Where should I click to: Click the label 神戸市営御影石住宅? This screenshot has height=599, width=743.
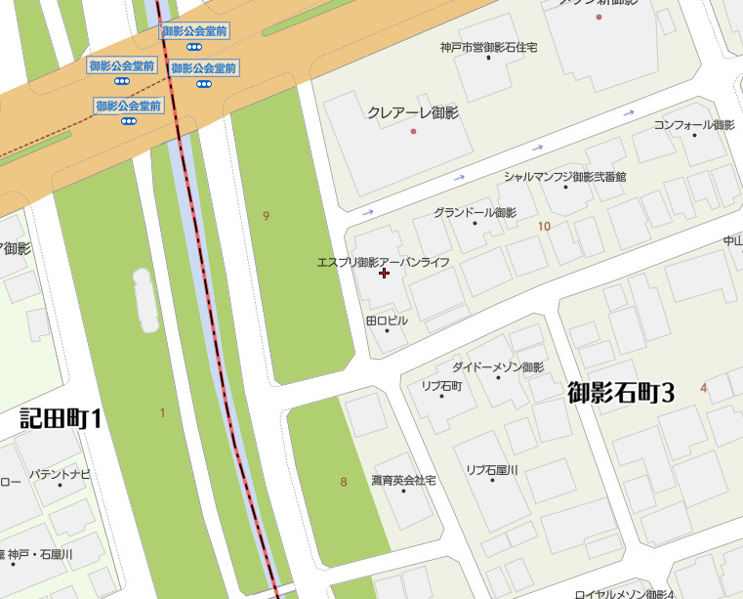pyautogui.click(x=488, y=47)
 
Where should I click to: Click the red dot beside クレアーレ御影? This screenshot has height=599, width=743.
pyautogui.click(x=414, y=131)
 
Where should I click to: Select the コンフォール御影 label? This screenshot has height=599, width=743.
pyautogui.click(x=694, y=125)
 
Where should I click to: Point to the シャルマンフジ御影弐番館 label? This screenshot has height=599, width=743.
pyautogui.click(x=565, y=177)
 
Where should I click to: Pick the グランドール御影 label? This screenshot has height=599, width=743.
pyautogui.click(x=475, y=212)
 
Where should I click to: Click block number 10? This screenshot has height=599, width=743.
pyautogui.click(x=544, y=227)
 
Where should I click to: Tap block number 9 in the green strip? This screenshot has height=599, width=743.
pyautogui.click(x=266, y=215)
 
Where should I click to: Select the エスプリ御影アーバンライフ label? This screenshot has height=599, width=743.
pyautogui.click(x=384, y=262)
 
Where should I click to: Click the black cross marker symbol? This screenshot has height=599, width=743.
pyautogui.click(x=384, y=275)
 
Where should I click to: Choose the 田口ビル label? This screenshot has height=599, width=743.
pyautogui.click(x=387, y=321)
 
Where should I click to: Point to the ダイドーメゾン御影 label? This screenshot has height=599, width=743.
pyautogui.click(x=498, y=367)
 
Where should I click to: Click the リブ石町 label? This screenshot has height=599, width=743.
pyautogui.click(x=441, y=386)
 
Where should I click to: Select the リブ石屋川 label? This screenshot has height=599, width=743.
pyautogui.click(x=492, y=470)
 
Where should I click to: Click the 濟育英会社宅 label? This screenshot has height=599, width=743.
pyautogui.click(x=403, y=481)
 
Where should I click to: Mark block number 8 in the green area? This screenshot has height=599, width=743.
pyautogui.click(x=344, y=482)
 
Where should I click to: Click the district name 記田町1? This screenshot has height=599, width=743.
pyautogui.click(x=62, y=418)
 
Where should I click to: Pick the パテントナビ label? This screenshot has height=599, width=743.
pyautogui.click(x=60, y=474)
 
